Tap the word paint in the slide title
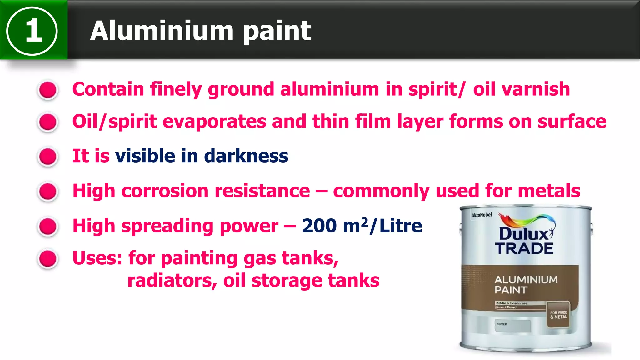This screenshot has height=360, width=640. [277, 31]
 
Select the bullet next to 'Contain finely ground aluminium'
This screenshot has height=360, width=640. [48, 90]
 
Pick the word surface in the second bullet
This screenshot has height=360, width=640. [572, 121]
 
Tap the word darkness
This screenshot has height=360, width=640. [246, 156]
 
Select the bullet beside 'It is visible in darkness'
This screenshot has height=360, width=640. [48, 157]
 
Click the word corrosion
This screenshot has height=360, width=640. [165, 191]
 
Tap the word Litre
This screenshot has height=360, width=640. [401, 226]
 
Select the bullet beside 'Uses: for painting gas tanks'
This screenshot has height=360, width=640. [48, 259]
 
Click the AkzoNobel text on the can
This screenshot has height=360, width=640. [482, 215]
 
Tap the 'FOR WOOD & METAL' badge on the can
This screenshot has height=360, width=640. [558, 315]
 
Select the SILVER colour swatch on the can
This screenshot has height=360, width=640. [512, 326]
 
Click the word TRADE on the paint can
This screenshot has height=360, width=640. [524, 249]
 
